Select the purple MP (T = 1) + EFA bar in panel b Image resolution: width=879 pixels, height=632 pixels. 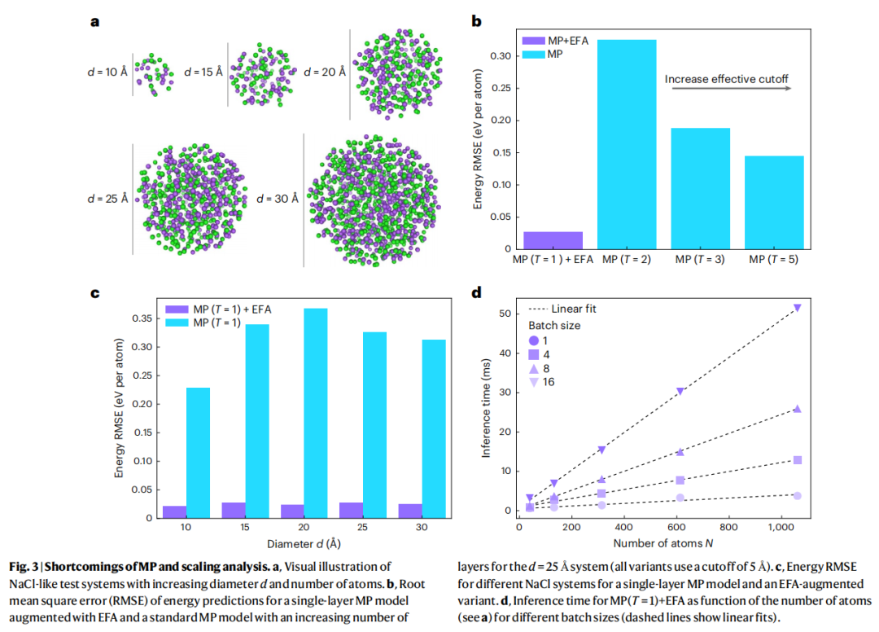[553, 240]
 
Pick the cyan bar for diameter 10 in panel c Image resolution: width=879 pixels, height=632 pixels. [199, 452]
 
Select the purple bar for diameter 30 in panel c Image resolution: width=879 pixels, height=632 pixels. [410, 511]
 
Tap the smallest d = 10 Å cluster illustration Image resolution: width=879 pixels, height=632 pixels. [152, 72]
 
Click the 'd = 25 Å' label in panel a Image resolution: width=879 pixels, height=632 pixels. [109, 198]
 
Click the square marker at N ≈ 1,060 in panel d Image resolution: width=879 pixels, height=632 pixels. [798, 460]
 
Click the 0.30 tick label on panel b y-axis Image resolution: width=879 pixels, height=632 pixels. [503, 56]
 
